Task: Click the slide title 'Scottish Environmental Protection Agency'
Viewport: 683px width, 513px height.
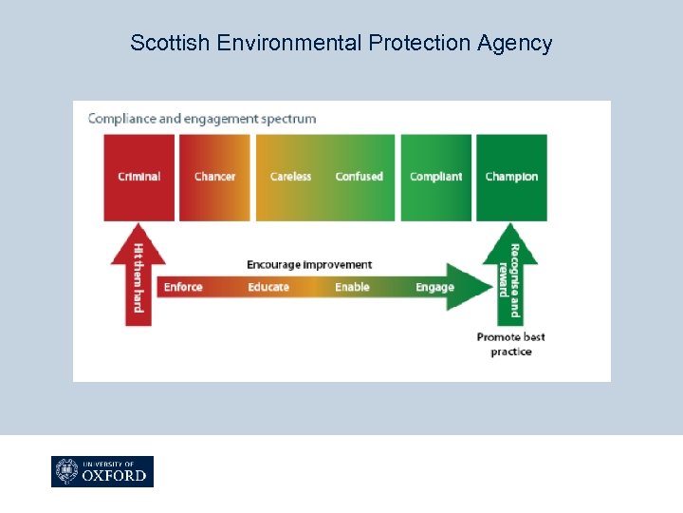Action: (341, 43)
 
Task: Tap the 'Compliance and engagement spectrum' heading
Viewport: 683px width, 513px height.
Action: (202, 119)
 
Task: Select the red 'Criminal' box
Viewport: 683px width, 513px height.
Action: (138, 177)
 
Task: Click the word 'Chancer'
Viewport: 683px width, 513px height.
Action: (214, 177)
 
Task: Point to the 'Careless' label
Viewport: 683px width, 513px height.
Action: (290, 177)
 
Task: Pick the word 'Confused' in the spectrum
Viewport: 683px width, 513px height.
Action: (359, 177)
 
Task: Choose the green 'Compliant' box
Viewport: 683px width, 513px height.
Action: (435, 177)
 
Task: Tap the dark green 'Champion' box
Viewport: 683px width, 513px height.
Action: (511, 177)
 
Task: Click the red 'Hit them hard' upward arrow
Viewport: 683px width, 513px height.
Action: (138, 275)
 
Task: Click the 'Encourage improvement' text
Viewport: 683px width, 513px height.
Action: (309, 264)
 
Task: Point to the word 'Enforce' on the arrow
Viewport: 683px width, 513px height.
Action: (183, 287)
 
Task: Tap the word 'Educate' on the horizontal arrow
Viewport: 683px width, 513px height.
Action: (268, 287)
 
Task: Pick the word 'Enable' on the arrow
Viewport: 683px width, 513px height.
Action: (352, 287)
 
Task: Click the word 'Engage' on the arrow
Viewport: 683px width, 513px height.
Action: (434, 287)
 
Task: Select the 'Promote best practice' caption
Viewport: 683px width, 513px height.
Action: (510, 344)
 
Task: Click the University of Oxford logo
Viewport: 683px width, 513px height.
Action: (102, 472)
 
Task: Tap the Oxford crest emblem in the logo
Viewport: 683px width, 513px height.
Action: (67, 472)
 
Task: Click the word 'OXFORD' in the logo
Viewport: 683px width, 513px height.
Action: (115, 476)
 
